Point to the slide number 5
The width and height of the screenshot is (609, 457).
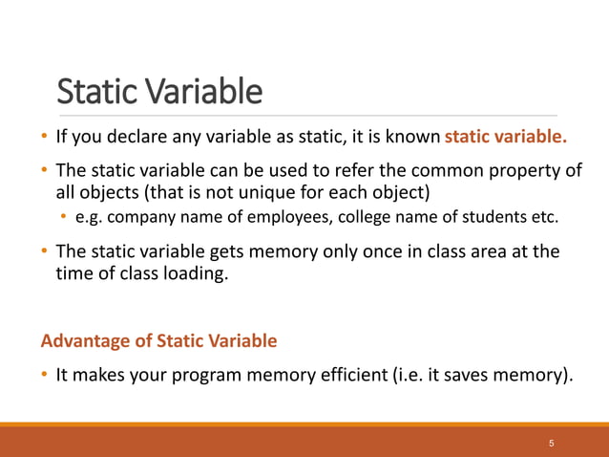552,445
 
